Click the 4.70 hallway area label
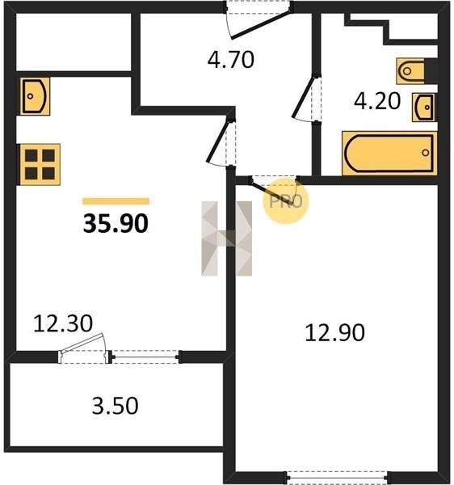coord(231,60)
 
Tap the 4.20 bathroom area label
coord(377,101)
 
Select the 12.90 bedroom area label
coord(334,333)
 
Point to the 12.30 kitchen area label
coord(63,323)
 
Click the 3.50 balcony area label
coord(115,406)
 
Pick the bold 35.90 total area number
coord(116,224)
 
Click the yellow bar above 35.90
coord(116,201)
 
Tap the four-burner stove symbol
coord(40,165)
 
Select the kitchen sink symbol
coord(35,96)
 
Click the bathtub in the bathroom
coord(389,154)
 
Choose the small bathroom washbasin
coord(424,108)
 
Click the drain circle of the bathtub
coord(426,153)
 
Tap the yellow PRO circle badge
coord(285,201)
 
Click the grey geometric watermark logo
coord(226,238)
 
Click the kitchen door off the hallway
coord(218,141)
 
